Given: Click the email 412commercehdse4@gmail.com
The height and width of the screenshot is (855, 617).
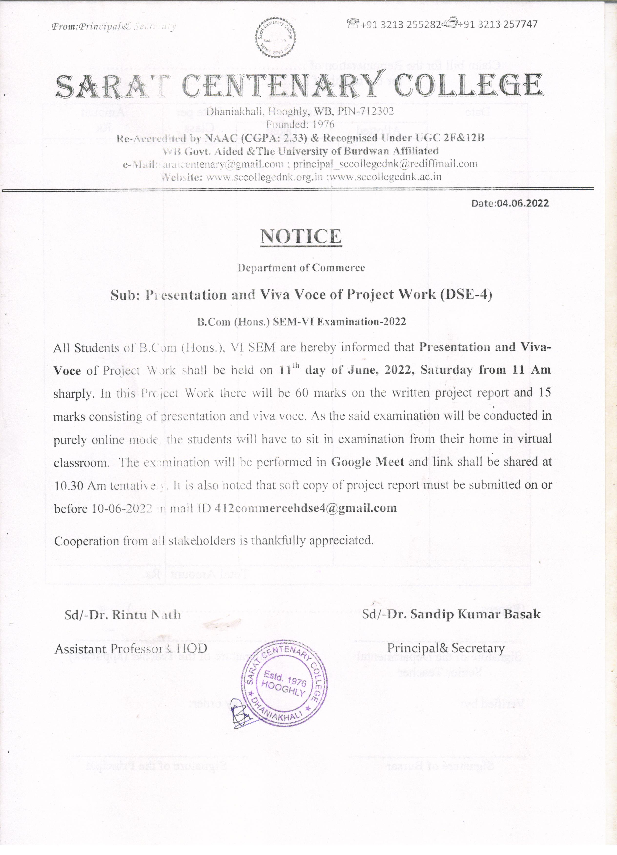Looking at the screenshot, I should point(305,508).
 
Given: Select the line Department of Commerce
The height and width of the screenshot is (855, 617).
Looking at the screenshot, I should point(301,268).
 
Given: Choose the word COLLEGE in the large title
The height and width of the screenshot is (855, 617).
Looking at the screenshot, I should point(468,85).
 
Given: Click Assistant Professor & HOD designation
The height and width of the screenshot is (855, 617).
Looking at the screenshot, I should point(131,649).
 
